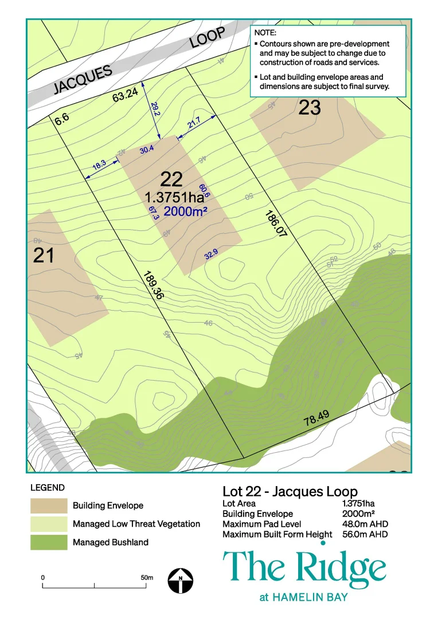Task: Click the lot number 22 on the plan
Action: [171, 179]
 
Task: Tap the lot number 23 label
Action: [310, 107]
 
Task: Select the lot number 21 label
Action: [44, 255]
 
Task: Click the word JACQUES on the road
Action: [83, 80]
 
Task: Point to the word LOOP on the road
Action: [207, 40]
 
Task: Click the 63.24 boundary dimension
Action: [125, 95]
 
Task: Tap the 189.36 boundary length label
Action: [153, 285]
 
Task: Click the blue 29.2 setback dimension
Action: [155, 109]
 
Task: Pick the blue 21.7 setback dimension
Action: [194, 122]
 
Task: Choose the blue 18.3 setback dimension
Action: [99, 167]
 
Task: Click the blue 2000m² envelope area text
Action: [185, 211]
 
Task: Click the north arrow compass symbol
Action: [181, 581]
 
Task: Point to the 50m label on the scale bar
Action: [147, 577]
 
